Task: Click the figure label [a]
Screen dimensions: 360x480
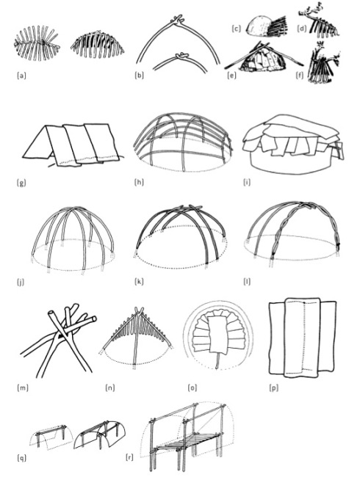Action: click(21, 76)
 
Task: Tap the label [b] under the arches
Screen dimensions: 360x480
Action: click(139, 76)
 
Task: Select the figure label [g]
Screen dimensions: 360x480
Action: click(21, 183)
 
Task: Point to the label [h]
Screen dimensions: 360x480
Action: click(139, 183)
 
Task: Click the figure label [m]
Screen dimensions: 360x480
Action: click(22, 388)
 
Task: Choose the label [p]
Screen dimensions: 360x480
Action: click(273, 388)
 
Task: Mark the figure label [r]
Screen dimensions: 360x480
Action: click(129, 457)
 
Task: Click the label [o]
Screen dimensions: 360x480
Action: click(192, 388)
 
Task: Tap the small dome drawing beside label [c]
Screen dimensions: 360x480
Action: click(259, 27)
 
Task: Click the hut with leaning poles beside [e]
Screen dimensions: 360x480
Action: click(264, 57)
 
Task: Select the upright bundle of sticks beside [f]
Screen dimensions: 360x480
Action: click(323, 65)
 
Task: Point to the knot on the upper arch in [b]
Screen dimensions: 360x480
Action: click(179, 19)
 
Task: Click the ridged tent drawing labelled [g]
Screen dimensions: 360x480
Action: click(71, 145)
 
